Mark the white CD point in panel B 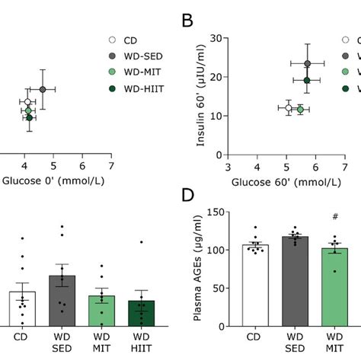click(x=288, y=108)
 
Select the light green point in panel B click(x=300, y=110)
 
